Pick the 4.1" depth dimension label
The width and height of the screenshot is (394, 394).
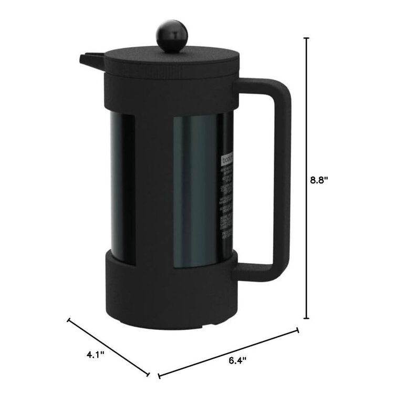(x=96, y=355)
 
